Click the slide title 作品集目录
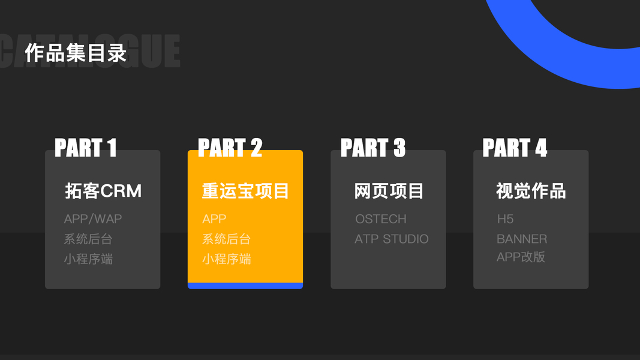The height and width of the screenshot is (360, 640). (76, 53)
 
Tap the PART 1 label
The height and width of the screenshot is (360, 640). (85, 148)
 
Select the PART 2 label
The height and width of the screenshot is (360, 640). (230, 148)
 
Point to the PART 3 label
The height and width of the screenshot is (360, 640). (372, 148)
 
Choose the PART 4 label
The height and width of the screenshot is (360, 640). (515, 148)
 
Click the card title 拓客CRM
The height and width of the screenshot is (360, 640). (103, 191)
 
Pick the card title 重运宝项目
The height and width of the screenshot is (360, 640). (245, 191)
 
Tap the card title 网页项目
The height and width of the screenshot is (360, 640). (389, 191)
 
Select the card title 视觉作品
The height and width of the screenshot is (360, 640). (531, 191)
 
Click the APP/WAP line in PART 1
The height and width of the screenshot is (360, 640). (93, 219)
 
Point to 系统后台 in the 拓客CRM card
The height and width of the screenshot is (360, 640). (88, 239)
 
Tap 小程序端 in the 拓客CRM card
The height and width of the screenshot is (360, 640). (88, 259)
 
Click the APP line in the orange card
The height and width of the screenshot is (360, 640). (214, 219)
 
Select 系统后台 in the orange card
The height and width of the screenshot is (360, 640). (226, 239)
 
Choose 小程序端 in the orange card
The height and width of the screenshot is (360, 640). (226, 259)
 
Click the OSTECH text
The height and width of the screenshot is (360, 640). (380, 219)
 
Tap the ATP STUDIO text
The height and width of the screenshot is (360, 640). (391, 239)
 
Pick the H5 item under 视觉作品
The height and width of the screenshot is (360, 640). (505, 219)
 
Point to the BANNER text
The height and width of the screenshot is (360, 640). (522, 239)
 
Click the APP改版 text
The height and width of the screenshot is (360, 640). (521, 257)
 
